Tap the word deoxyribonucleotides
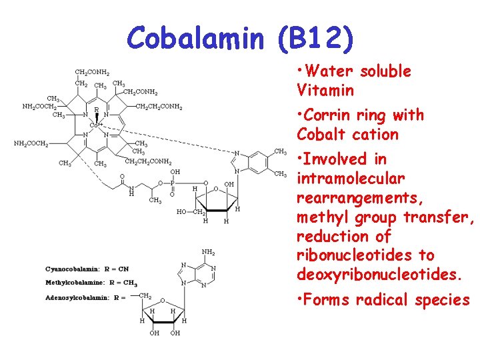pos(379,275)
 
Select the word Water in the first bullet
pos(330,71)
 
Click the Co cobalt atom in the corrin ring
pos(94,125)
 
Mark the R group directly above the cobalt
pos(97,109)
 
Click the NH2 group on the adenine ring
pos(209,252)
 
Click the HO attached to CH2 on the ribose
pos(181,212)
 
